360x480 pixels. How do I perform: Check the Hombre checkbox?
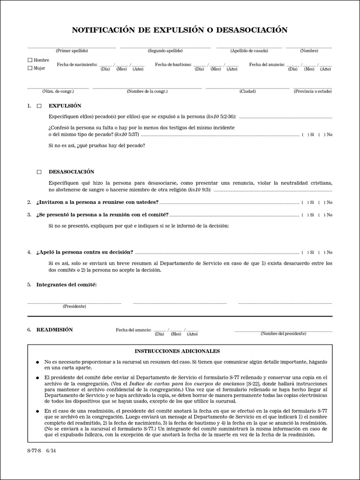click(30, 60)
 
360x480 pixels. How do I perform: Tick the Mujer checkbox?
click(30, 68)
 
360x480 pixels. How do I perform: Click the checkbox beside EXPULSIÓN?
click(39, 106)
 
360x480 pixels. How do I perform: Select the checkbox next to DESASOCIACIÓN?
click(39, 172)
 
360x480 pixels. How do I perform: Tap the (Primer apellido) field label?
click(72, 51)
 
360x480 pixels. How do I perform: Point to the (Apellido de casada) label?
click(249, 51)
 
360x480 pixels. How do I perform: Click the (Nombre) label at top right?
click(309, 51)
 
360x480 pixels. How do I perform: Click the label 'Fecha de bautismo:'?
click(173, 64)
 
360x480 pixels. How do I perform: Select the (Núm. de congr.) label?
click(58, 91)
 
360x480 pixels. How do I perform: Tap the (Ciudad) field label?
click(247, 91)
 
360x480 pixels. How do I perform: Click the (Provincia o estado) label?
click(313, 91)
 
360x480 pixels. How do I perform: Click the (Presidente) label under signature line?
click(74, 306)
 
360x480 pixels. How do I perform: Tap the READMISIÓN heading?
click(54, 330)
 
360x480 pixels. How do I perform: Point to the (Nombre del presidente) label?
click(284, 334)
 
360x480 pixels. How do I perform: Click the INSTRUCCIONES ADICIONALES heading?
click(177, 351)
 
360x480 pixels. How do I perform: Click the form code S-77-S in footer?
click(33, 451)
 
